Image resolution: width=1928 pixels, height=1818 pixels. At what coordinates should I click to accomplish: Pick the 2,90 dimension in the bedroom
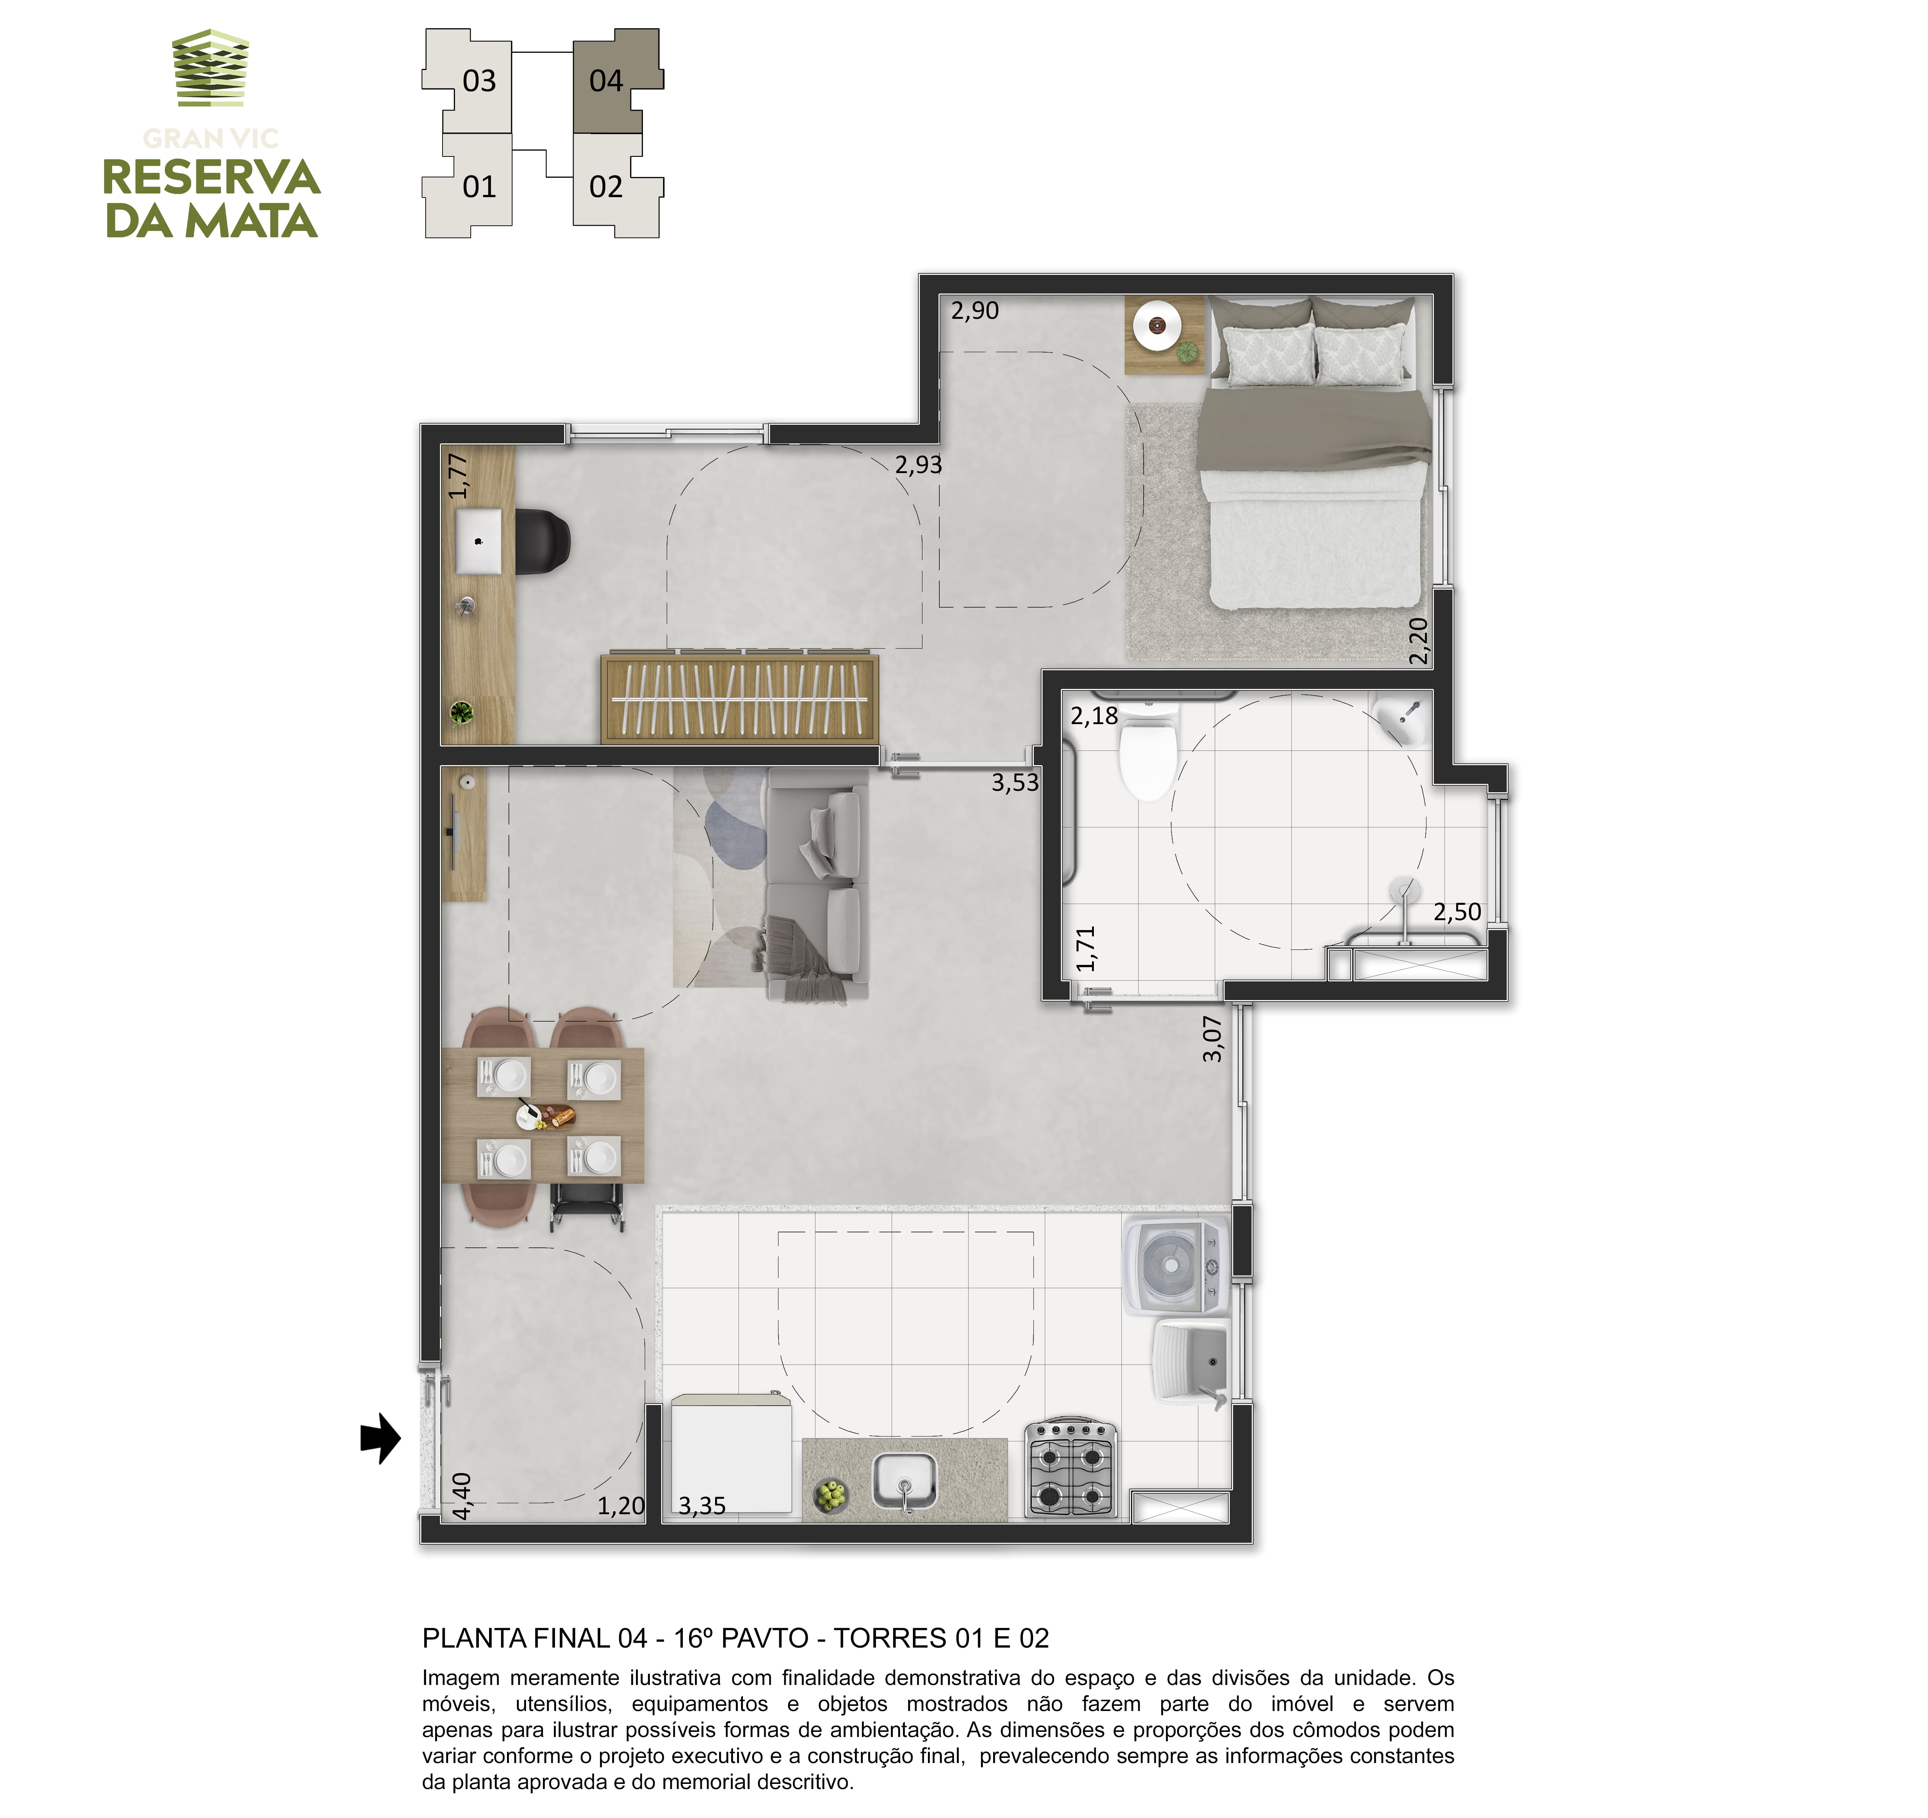[x=975, y=310]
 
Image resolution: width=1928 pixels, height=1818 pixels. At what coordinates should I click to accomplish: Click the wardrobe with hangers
[x=739, y=698]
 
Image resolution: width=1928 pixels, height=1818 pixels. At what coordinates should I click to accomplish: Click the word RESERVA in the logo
[x=211, y=177]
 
